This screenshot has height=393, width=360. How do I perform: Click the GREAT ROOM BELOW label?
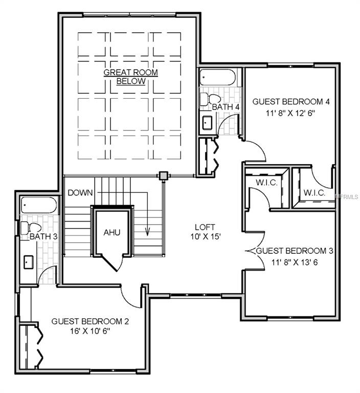click(130, 77)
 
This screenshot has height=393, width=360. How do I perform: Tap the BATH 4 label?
click(226, 107)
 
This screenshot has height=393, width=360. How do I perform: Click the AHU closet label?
click(111, 232)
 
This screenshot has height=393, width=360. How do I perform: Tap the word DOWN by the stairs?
click(80, 192)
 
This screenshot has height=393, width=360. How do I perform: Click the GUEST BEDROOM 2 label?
click(90, 321)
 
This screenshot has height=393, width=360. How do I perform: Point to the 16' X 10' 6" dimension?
click(90, 332)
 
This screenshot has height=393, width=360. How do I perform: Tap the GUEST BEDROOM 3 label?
click(295, 251)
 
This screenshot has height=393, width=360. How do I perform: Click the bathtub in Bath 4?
click(217, 78)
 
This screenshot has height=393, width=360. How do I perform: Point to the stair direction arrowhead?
click(148, 233)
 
